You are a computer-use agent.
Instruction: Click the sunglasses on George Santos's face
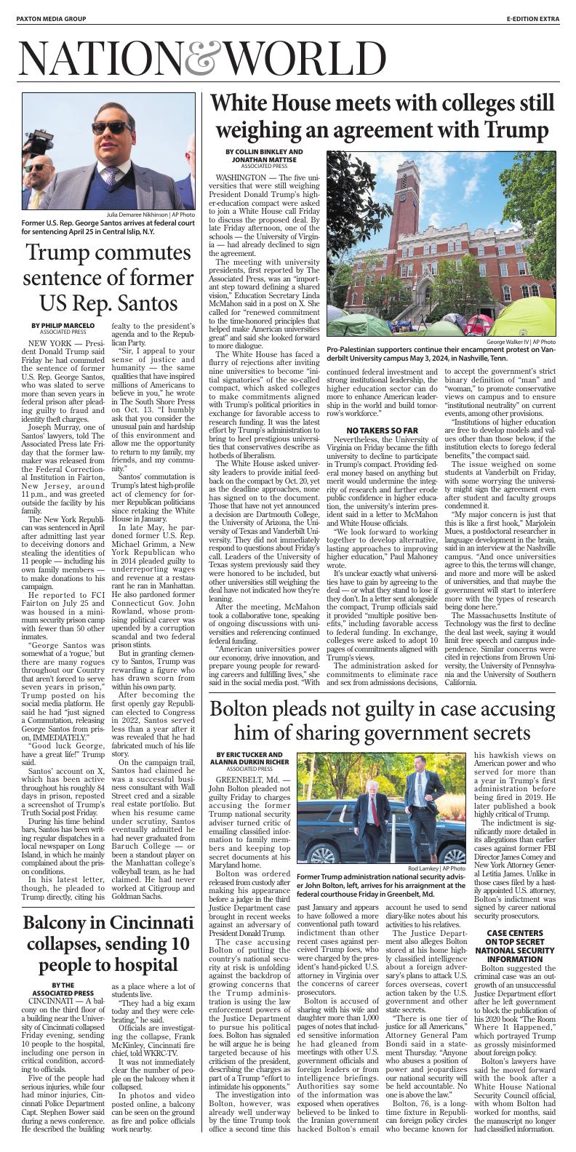click(x=108, y=128)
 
